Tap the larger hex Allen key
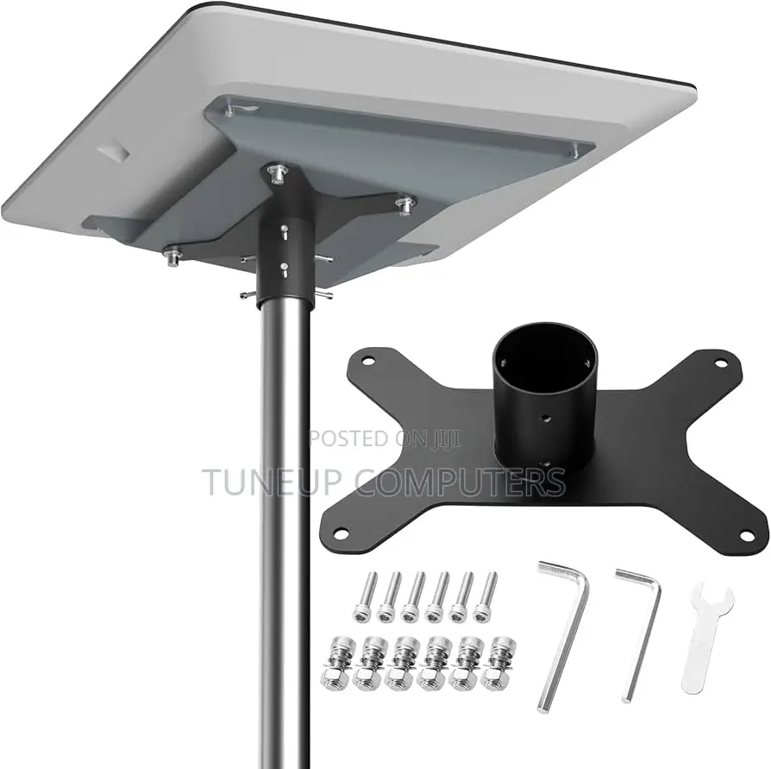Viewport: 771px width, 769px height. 566,634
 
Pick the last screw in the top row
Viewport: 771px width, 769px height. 486,596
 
